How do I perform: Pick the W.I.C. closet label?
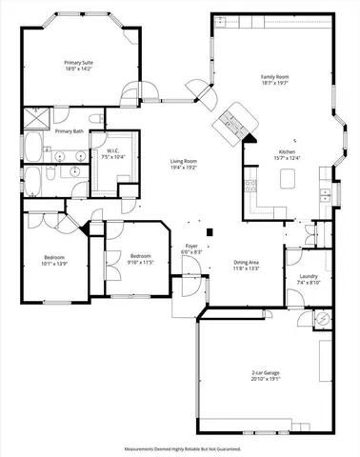[x=113, y=150]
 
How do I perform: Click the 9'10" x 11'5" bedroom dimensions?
[x=140, y=260]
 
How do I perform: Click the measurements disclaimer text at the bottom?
[x=181, y=447]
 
